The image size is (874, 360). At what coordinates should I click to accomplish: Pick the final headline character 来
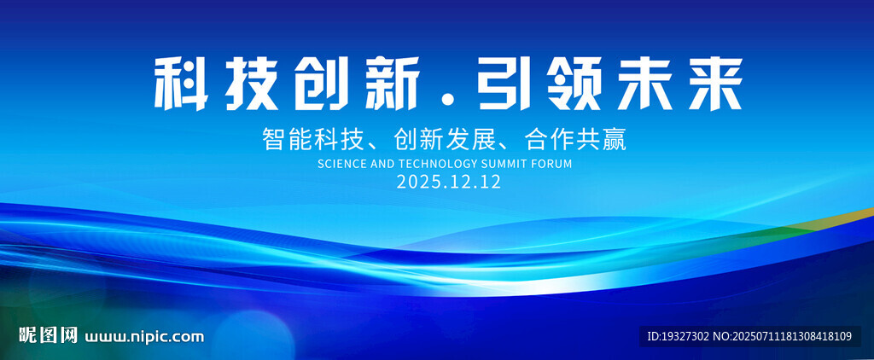(715, 84)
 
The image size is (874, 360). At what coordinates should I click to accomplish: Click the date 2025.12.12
(449, 182)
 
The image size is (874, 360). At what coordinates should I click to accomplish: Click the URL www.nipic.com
(143, 337)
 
